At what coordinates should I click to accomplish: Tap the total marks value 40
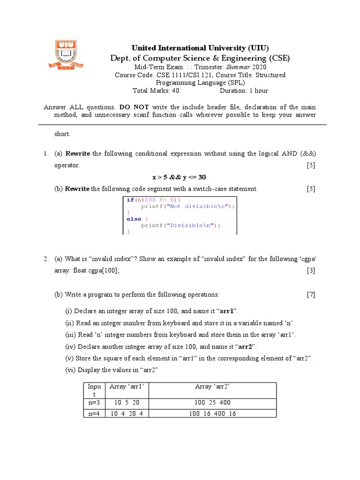coord(176,90)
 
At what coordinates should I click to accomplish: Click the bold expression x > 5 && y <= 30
coord(180,177)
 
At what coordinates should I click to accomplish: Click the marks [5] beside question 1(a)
coord(311,165)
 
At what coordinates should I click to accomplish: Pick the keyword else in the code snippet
coord(134,219)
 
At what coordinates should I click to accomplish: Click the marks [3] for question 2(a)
coord(311,270)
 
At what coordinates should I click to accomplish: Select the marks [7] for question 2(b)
coord(311,294)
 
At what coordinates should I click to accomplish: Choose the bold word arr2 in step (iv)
coord(245,346)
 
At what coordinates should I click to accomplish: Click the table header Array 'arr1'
coord(126,386)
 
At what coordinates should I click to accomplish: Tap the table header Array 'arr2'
coord(212,386)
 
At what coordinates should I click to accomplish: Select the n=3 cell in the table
coord(93,403)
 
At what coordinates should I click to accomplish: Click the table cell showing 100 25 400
coord(212,403)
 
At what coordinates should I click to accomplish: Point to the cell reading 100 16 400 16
coord(212,414)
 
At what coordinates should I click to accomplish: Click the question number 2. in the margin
coord(45,259)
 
